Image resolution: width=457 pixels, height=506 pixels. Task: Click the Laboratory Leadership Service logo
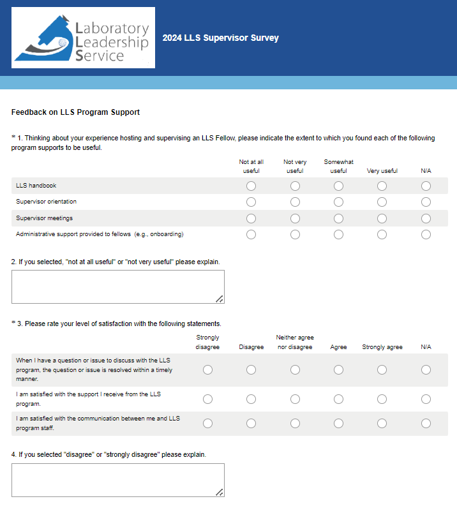coord(84,38)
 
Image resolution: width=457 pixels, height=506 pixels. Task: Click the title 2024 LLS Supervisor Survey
coord(220,38)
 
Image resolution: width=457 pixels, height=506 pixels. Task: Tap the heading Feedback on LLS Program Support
coord(75,112)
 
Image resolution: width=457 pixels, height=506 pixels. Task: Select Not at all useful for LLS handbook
coord(251,186)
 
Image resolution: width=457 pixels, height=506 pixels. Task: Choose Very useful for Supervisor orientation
coord(382,202)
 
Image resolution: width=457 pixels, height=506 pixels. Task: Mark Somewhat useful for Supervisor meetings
coord(338,218)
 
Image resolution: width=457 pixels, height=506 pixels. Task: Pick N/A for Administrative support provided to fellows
coord(426,234)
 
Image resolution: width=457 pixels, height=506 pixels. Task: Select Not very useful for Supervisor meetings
coord(295,218)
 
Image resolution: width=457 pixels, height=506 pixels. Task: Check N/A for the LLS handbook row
coord(426,186)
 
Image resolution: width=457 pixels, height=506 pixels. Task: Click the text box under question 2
coord(117,286)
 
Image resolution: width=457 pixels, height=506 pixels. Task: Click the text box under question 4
coord(117,480)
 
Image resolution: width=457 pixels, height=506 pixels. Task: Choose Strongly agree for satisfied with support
coord(382,399)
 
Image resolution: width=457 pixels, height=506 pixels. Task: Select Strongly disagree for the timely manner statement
coord(207,370)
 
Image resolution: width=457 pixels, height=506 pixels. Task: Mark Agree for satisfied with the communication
coord(338,423)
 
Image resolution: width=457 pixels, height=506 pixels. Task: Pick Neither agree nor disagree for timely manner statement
coord(295,370)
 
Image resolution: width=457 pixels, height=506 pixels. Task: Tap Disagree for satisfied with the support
coord(251,399)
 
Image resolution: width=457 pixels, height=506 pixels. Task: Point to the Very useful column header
coord(382,171)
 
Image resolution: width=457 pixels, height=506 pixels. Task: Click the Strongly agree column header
coord(382,347)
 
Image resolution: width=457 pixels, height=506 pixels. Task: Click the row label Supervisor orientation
coord(46,202)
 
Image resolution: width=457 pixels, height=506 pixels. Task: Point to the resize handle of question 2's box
coord(220,299)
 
